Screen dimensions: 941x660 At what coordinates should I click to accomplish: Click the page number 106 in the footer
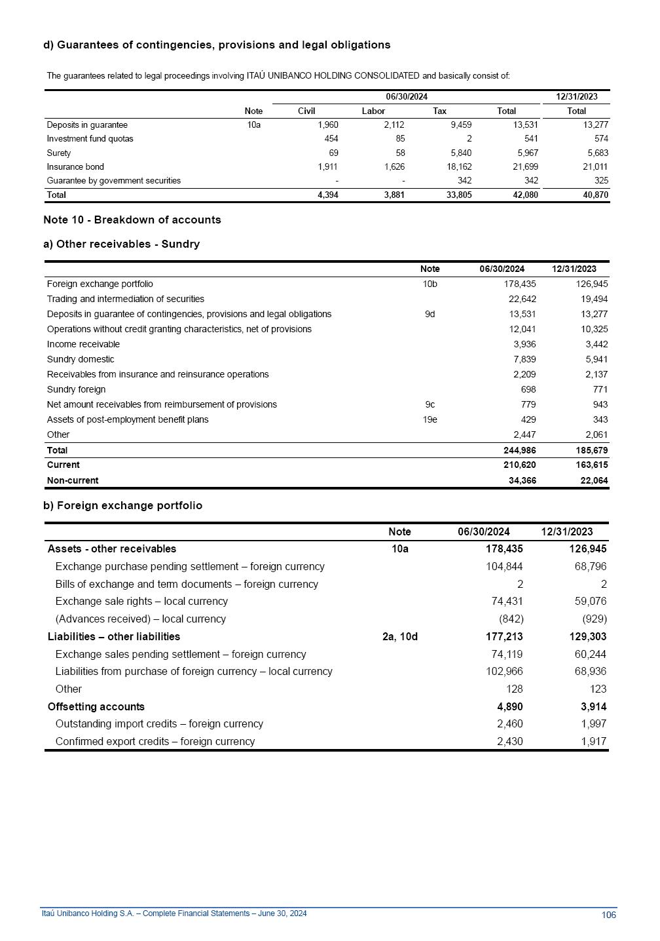click(608, 915)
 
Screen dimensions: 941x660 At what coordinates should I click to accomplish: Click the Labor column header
click(373, 111)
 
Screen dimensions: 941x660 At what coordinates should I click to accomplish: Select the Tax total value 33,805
click(458, 195)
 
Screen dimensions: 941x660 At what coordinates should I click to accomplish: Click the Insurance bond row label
click(75, 167)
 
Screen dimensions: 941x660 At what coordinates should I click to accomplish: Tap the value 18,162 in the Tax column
click(458, 167)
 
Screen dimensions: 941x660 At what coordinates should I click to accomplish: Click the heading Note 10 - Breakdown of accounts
click(132, 220)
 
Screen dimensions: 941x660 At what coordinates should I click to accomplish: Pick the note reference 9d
click(430, 314)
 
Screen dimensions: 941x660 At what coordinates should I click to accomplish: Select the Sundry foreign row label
click(76, 389)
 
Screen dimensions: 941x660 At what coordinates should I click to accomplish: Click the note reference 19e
click(430, 419)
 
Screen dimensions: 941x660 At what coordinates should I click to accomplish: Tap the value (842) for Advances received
click(511, 619)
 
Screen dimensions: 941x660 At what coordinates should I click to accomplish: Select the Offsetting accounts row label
click(96, 706)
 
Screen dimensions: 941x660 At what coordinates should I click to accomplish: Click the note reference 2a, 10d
click(399, 636)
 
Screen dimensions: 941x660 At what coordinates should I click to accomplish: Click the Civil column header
click(306, 111)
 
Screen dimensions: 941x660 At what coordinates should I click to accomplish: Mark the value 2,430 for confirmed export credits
click(509, 741)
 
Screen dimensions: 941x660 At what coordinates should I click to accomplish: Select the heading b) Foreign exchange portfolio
click(123, 505)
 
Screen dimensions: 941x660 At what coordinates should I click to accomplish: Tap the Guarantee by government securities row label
click(114, 181)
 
